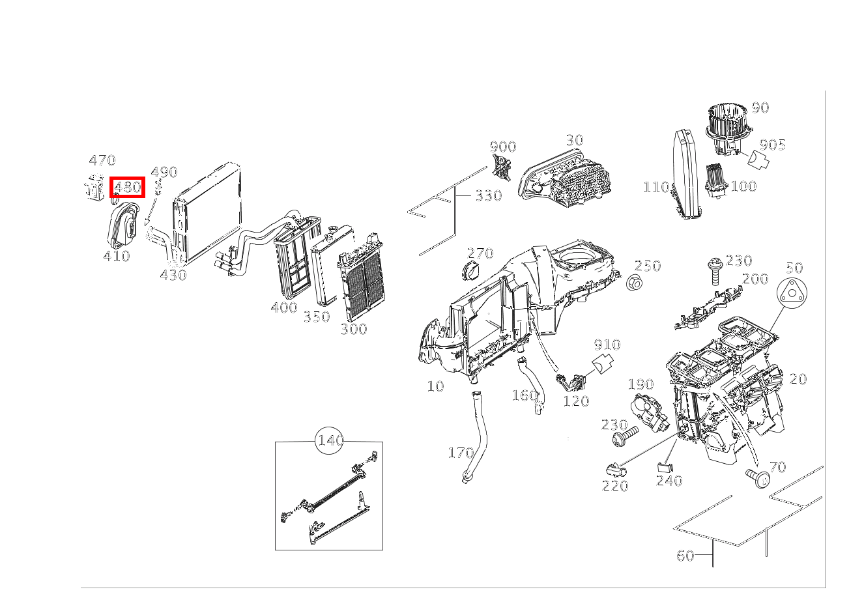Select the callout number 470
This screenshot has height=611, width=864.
pyautogui.click(x=102, y=160)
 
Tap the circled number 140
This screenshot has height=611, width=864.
pyautogui.click(x=329, y=440)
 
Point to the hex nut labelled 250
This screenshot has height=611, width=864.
pyautogui.click(x=635, y=283)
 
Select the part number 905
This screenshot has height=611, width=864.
pyautogui.click(x=772, y=145)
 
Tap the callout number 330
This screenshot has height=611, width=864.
pyautogui.click(x=489, y=195)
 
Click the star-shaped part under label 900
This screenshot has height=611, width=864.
pyautogui.click(x=502, y=167)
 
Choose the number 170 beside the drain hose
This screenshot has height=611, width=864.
pyautogui.click(x=461, y=453)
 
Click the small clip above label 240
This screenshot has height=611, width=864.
pyautogui.click(x=665, y=467)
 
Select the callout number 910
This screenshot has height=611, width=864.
pyautogui.click(x=607, y=344)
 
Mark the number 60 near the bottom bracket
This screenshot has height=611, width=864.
pyautogui.click(x=685, y=556)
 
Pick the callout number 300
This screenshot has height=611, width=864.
pyautogui.click(x=354, y=329)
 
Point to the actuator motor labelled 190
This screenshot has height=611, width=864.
pyautogui.click(x=647, y=411)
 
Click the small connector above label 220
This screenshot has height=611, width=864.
pyautogui.click(x=616, y=470)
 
